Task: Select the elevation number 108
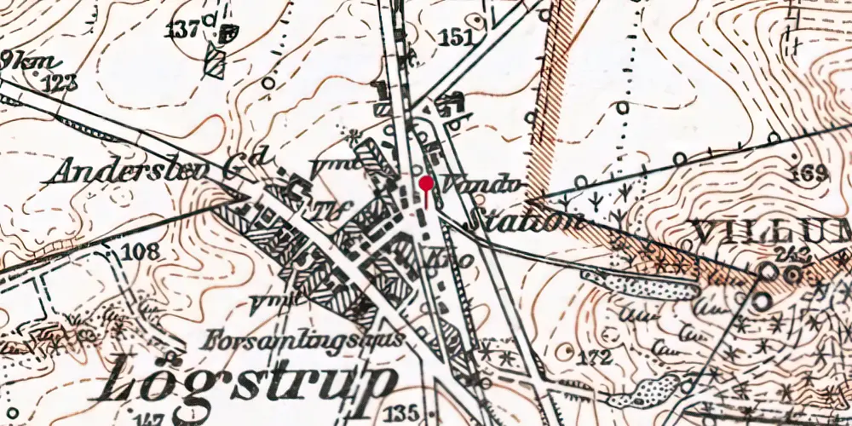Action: (x=140, y=251)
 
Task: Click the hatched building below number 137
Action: (x=216, y=62)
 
